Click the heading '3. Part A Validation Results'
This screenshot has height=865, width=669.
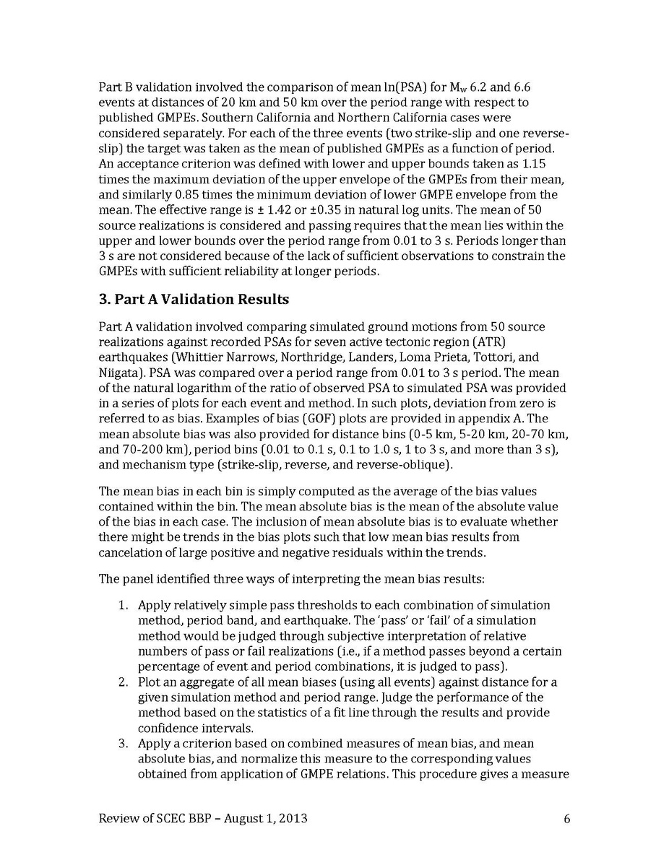[x=194, y=299]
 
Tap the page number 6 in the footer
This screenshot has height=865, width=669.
[x=566, y=818]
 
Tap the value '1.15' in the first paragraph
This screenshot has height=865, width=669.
[x=552, y=163]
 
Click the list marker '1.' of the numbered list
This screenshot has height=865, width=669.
[x=124, y=605]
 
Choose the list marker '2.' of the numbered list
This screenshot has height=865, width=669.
[x=124, y=682]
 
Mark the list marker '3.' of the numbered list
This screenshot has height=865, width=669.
[x=124, y=744]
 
